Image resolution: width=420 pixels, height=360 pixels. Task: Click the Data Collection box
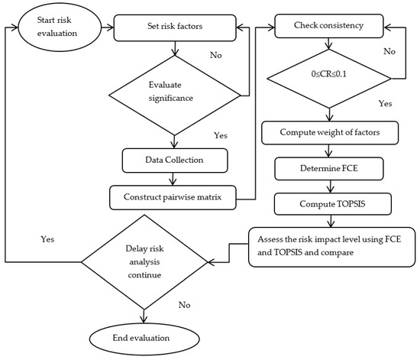pyautogui.click(x=176, y=160)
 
